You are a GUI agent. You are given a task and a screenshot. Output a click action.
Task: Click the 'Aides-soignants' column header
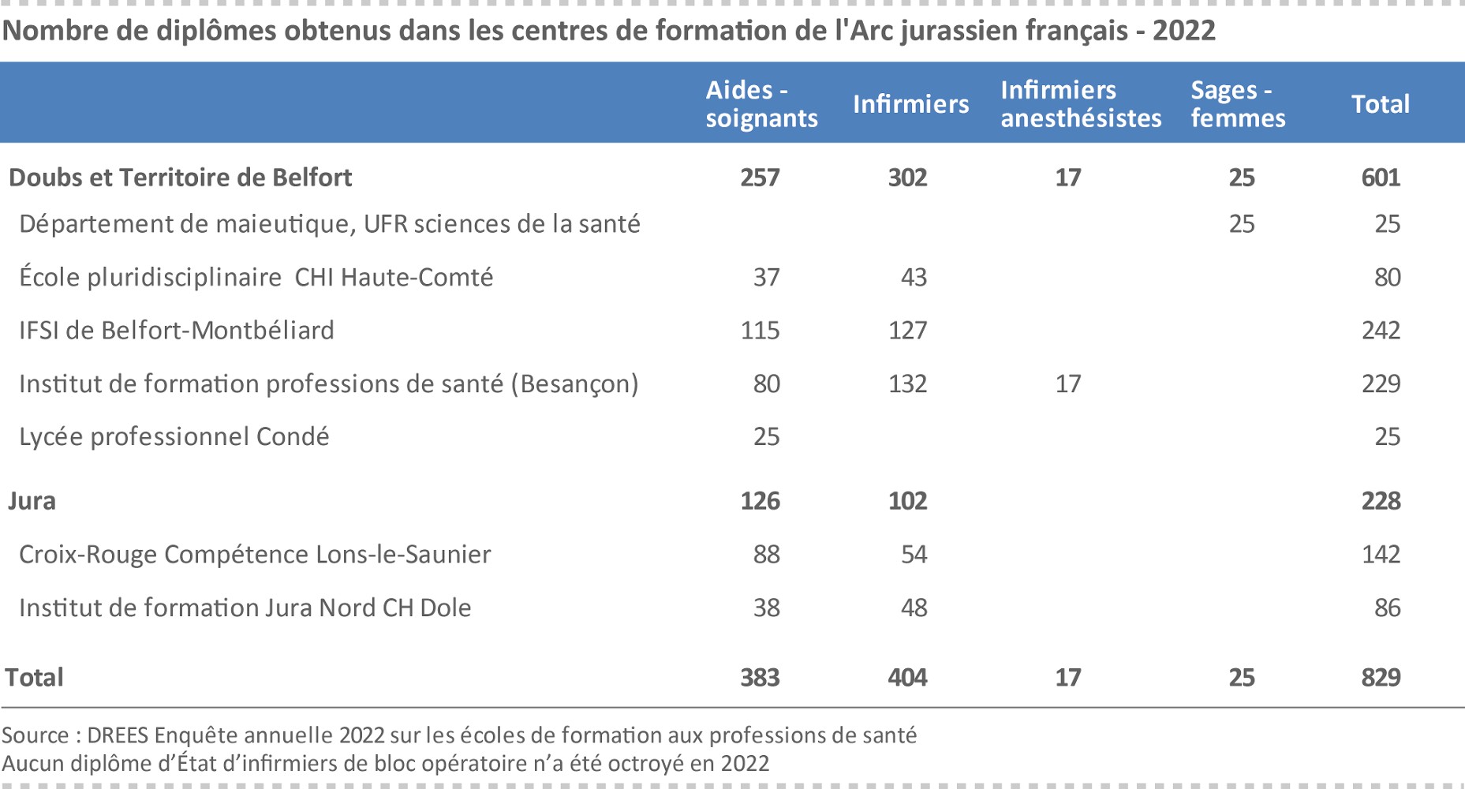pos(761,104)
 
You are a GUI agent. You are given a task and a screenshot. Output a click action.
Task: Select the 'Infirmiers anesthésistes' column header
pos(1081,104)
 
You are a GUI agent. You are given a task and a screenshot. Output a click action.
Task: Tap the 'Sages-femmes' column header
pos(1238,104)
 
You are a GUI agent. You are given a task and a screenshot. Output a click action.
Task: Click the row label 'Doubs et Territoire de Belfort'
pos(180,178)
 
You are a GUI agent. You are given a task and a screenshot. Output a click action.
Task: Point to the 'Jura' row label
pos(32,501)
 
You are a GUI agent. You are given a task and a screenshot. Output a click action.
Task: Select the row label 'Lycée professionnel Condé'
pos(174,437)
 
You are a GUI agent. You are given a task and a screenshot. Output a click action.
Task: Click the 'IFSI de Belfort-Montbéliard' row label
pos(177,331)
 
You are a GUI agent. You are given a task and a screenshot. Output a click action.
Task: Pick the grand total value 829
pos(1381,678)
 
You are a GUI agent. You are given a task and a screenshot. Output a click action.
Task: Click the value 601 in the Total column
pos(1381,178)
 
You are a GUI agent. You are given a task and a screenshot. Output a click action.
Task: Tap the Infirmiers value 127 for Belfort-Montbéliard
pos(907,331)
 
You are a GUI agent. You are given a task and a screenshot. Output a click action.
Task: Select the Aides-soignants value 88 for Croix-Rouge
pos(766,555)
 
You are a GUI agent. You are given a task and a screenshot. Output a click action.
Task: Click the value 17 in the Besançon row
pos(1067,384)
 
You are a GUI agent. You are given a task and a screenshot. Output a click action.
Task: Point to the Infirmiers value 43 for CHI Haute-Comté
pos(914,278)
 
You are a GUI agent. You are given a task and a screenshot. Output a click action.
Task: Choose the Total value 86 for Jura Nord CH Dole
pos(1387,608)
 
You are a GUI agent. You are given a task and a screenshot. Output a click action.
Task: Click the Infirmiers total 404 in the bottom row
pos(907,678)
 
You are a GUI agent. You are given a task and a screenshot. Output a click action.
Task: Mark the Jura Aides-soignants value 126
pos(760,501)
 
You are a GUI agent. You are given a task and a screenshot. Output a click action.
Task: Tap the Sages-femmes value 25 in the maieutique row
pos(1241,224)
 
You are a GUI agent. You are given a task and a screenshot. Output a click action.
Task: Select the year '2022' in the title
pos(1183,31)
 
